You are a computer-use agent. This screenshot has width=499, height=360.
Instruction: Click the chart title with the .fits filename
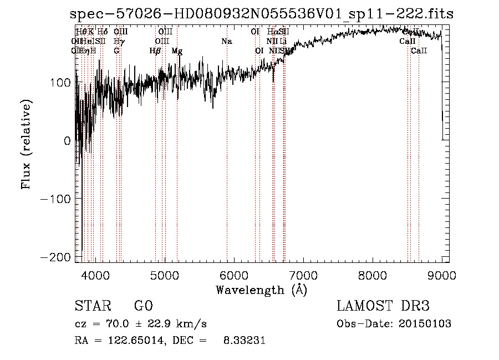(x=262, y=14)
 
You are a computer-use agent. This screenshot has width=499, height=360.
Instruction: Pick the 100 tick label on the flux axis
(x=62, y=83)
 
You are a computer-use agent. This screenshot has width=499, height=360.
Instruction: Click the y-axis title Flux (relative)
(x=27, y=144)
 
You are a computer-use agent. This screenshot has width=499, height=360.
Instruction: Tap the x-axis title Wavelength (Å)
(x=261, y=290)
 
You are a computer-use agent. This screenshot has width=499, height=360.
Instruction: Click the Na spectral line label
(x=226, y=42)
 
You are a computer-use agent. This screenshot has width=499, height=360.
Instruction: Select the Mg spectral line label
(x=177, y=51)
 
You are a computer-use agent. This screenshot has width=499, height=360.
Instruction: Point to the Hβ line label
(x=155, y=51)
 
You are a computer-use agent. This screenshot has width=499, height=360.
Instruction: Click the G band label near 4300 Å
(x=116, y=51)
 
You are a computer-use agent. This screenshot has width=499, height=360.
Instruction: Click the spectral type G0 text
(x=143, y=306)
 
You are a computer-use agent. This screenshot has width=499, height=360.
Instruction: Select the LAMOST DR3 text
(x=383, y=306)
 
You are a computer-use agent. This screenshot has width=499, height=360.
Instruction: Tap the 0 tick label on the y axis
(x=67, y=141)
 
